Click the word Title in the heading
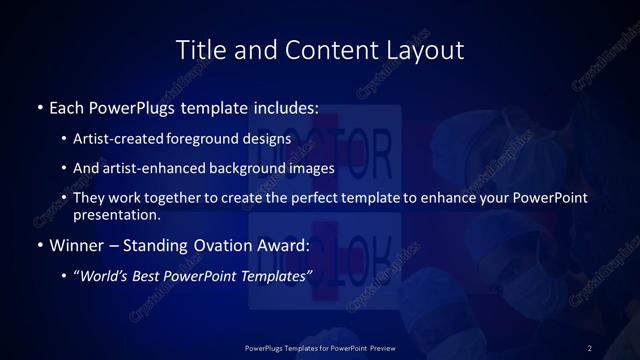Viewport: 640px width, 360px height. [198, 49]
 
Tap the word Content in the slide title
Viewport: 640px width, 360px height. [321, 49]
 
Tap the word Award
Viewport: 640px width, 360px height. [285, 244]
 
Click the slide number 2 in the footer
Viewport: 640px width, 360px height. [590, 347]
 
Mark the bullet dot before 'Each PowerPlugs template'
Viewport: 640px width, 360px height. [39, 107]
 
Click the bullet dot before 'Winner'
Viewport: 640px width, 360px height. [39, 245]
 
